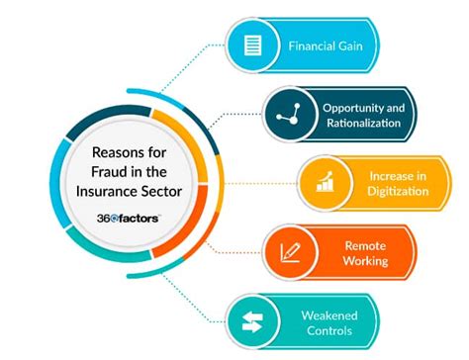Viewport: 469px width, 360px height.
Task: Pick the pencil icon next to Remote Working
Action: [x=291, y=252]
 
